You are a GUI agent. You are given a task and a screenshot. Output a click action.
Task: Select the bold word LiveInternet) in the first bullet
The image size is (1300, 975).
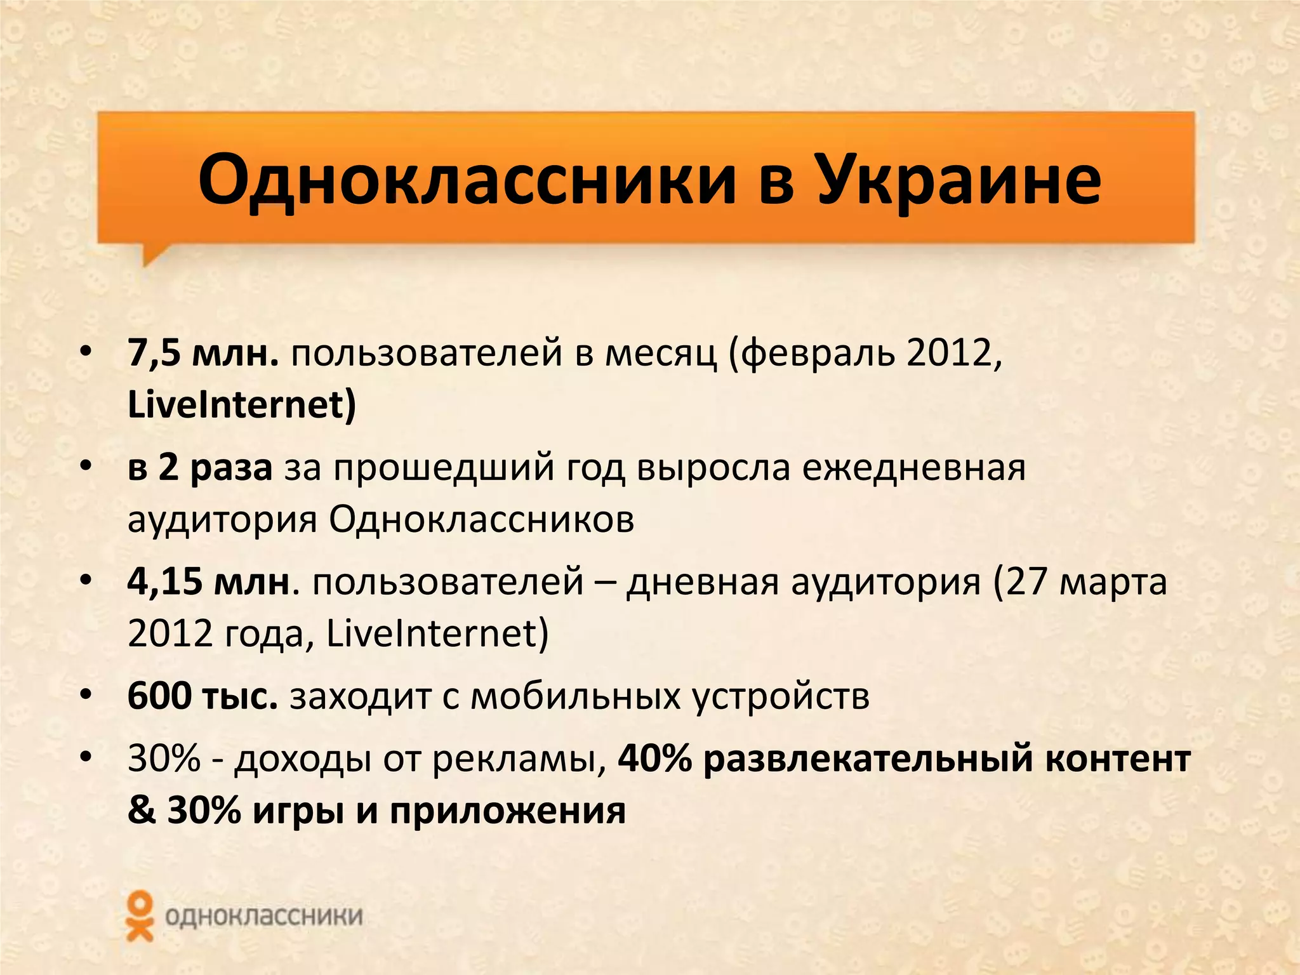pyautogui.click(x=242, y=404)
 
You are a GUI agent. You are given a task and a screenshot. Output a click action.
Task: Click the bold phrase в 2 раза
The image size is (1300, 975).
pyautogui.click(x=200, y=468)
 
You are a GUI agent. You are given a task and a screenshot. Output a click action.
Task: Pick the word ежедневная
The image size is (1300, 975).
pyautogui.click(x=913, y=468)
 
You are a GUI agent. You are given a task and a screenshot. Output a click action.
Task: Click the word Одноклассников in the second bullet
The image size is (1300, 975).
pyautogui.click(x=481, y=519)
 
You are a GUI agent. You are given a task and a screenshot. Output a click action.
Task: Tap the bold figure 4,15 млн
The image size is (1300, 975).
pyautogui.click(x=209, y=581)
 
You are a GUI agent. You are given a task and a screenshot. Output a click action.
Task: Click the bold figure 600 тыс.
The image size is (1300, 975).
pyautogui.click(x=202, y=696)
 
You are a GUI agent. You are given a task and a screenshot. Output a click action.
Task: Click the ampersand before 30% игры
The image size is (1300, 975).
pyautogui.click(x=141, y=811)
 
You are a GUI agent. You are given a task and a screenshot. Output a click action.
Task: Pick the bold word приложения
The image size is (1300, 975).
pyautogui.click(x=507, y=811)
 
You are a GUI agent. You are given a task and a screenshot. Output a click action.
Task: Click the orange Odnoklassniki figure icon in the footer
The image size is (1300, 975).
pyautogui.click(x=140, y=915)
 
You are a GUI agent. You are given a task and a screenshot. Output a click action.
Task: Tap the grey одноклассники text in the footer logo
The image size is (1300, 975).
pyautogui.click(x=263, y=917)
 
